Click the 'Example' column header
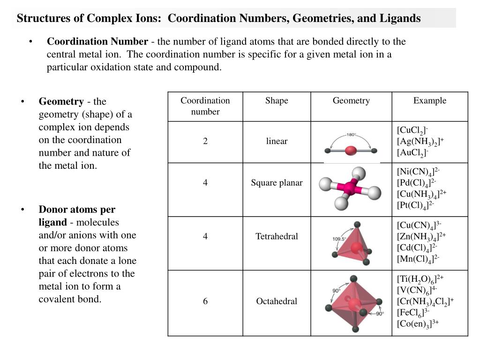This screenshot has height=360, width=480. click(429, 101)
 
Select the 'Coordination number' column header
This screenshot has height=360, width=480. click(205, 106)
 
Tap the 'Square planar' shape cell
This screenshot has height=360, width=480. click(277, 183)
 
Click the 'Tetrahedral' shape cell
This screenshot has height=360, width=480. click(277, 236)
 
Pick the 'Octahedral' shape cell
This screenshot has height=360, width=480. click(277, 301)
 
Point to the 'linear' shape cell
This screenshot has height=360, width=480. click(277, 141)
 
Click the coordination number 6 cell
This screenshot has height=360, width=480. click(205, 301)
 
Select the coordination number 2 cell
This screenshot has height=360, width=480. click(205, 141)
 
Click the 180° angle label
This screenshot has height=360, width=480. click(351, 135)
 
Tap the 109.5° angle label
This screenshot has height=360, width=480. click(339, 239)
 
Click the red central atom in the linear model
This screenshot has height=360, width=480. click(351, 150)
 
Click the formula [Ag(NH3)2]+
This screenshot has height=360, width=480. click(420, 142)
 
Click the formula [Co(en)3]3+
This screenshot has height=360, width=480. click(418, 324)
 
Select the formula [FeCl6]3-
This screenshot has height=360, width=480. click(413, 313)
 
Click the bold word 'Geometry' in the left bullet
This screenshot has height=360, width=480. click(61, 102)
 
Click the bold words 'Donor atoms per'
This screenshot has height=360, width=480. click(77, 210)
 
